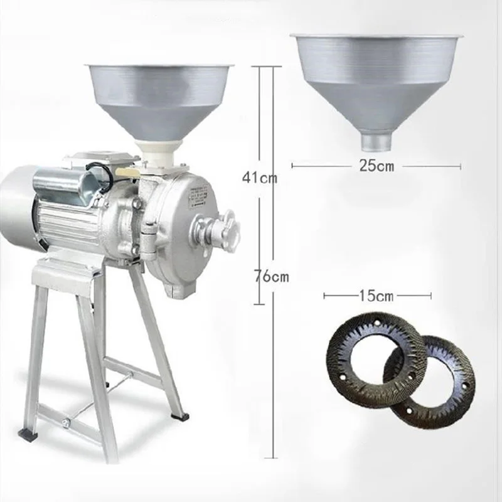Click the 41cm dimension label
(x=260, y=178)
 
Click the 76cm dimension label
(x=270, y=276)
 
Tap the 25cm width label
(x=376, y=166)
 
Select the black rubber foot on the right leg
(x=179, y=414)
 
